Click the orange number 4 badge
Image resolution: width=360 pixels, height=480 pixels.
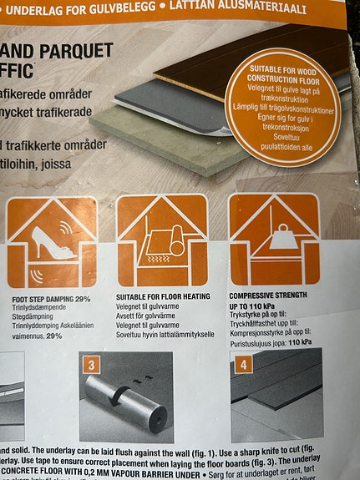(x=244, y=365)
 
